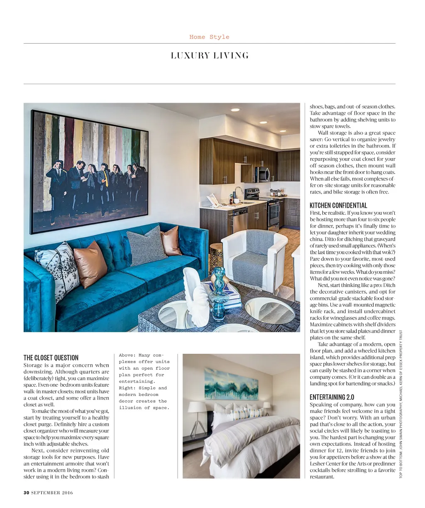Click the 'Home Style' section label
tap(209, 37)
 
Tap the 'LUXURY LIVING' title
tap(210, 56)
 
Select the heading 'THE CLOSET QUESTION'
tap(51, 358)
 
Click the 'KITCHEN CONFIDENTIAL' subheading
tap(338, 206)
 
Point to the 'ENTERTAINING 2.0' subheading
tap(332, 397)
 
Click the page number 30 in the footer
tap(26, 493)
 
